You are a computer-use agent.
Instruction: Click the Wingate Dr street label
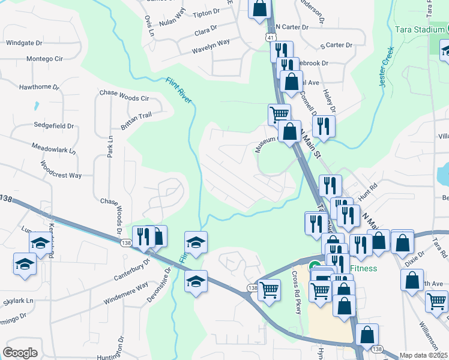23,43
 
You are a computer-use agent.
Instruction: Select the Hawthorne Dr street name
39,87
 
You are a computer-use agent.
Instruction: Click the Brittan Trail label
136,118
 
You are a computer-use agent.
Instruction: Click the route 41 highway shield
271,38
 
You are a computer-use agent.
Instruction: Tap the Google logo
20,352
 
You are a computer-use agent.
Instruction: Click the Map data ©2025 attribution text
423,355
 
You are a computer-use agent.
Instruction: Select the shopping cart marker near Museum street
279,113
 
